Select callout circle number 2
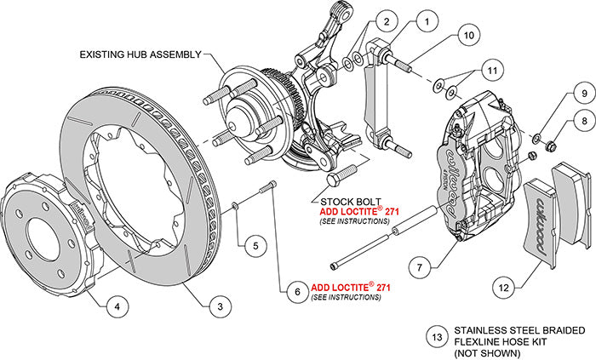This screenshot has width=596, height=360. (x=386, y=21)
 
